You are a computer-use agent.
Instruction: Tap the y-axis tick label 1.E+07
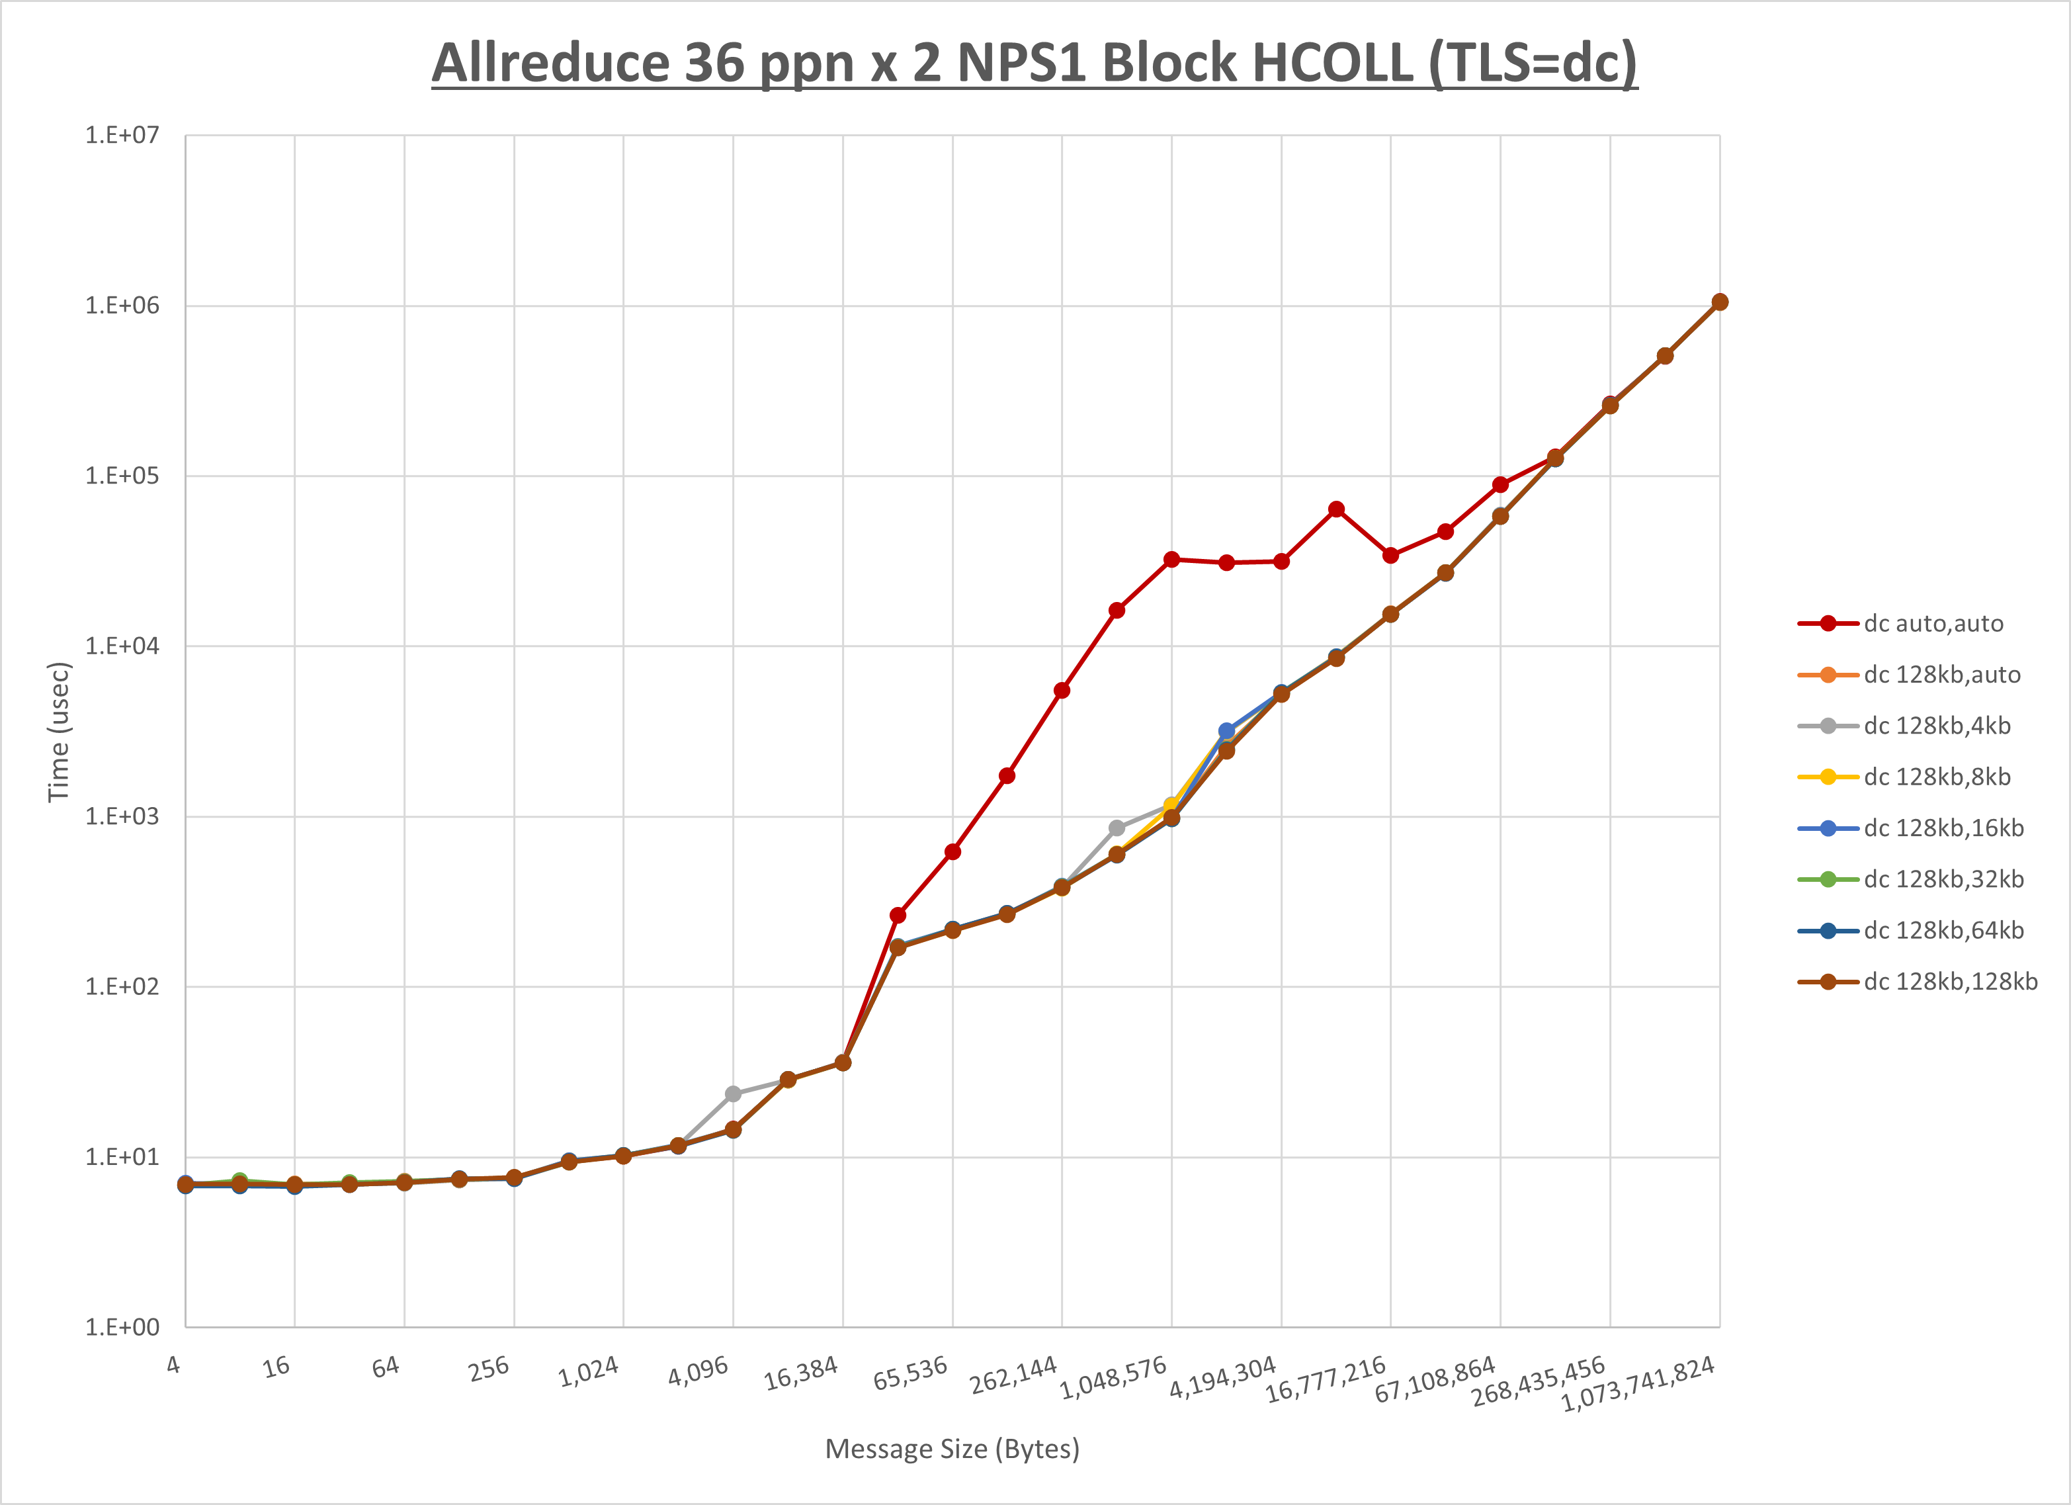pos(122,135)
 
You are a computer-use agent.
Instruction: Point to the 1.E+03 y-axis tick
pos(122,816)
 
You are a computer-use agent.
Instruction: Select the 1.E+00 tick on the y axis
pos(122,1327)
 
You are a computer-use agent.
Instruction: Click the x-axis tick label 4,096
pos(698,1371)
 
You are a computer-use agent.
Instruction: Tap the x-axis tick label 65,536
pos(910,1373)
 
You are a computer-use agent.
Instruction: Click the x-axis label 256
pos(489,1369)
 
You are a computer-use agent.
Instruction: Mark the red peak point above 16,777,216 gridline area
pos(1336,509)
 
